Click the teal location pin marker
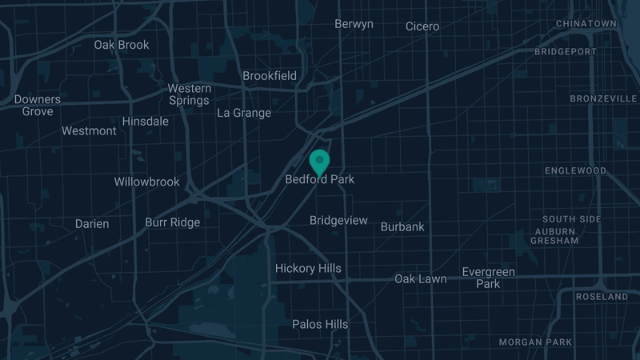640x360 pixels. click(x=320, y=160)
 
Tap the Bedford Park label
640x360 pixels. click(x=320, y=180)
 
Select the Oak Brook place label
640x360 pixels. click(x=122, y=45)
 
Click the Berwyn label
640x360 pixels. click(x=354, y=24)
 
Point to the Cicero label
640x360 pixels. click(x=422, y=26)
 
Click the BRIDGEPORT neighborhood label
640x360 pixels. click(x=576, y=52)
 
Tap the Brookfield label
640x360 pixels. click(x=270, y=76)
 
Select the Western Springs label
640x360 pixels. click(x=190, y=94)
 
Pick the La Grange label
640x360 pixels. click(x=244, y=113)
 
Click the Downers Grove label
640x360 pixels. click(x=38, y=106)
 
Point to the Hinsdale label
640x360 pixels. click(x=146, y=122)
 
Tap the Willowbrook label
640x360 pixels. click(x=146, y=182)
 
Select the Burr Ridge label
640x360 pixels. click(x=173, y=222)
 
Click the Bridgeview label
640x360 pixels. click(x=338, y=220)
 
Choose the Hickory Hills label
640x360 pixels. click(x=308, y=269)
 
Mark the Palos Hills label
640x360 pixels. click(x=320, y=324)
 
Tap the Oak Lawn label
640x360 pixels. click(x=421, y=279)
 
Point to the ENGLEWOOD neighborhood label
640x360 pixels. click(x=576, y=171)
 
